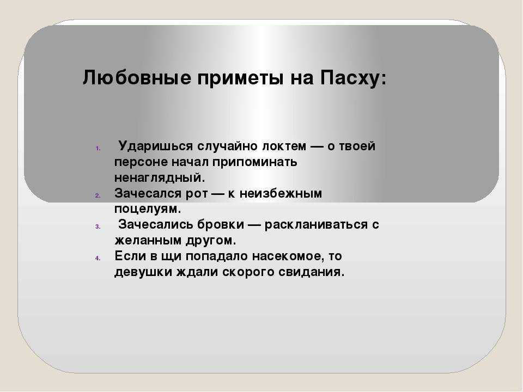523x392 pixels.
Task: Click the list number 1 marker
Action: (x=98, y=148)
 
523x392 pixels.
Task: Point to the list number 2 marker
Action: (x=98, y=195)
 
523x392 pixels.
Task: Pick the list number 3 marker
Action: (x=98, y=226)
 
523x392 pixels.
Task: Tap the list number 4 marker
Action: (x=98, y=258)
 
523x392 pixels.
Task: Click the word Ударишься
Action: (x=156, y=146)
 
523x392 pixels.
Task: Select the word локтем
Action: (x=284, y=146)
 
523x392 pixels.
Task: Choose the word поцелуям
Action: (x=148, y=209)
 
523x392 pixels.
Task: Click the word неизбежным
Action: (x=281, y=194)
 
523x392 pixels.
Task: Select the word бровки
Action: (x=221, y=225)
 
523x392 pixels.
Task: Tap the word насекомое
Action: (x=288, y=256)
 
